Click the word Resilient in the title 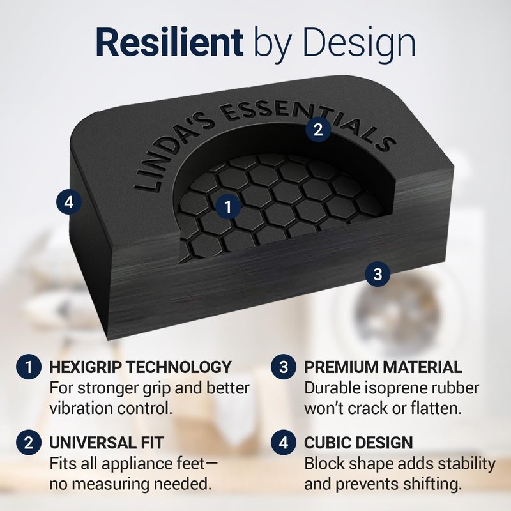(169, 42)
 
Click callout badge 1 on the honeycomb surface (228, 206)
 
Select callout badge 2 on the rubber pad (318, 130)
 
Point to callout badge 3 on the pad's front (378, 274)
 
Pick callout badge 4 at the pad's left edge (69, 202)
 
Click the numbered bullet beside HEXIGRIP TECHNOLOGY (29, 367)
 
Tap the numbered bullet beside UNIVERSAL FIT (29, 443)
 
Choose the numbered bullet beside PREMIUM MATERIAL (284, 367)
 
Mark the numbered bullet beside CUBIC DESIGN (284, 443)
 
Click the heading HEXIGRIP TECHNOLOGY (141, 367)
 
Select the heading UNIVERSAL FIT (107, 443)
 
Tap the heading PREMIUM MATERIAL (383, 367)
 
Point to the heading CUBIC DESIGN (358, 443)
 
